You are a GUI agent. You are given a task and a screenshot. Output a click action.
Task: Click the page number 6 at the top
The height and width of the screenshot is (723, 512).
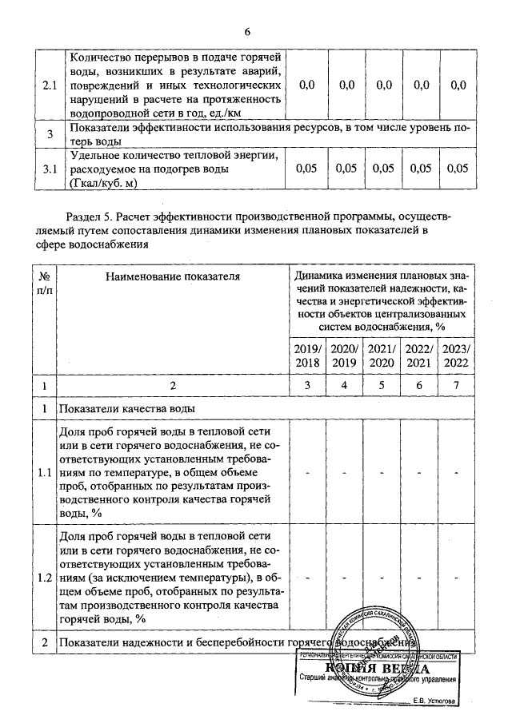(x=248, y=32)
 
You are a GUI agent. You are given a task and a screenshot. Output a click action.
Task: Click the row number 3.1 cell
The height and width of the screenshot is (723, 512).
(x=50, y=169)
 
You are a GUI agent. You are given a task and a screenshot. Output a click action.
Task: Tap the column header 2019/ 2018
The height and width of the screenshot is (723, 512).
(x=306, y=356)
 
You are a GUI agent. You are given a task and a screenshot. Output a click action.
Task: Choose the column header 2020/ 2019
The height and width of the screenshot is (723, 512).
(x=345, y=356)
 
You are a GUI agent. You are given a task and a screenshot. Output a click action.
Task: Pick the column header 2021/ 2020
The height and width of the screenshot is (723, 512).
(x=382, y=356)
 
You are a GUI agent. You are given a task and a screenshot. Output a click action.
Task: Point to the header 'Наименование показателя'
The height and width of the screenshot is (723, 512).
(x=172, y=276)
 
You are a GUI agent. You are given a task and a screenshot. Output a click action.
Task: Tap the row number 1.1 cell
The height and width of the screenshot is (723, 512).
(x=44, y=473)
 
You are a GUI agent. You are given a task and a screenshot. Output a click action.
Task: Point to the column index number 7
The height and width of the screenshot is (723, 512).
(x=457, y=387)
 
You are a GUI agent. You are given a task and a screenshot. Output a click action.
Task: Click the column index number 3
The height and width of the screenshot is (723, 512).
(x=306, y=387)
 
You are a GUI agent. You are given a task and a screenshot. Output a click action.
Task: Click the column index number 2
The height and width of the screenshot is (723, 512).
(x=172, y=387)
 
